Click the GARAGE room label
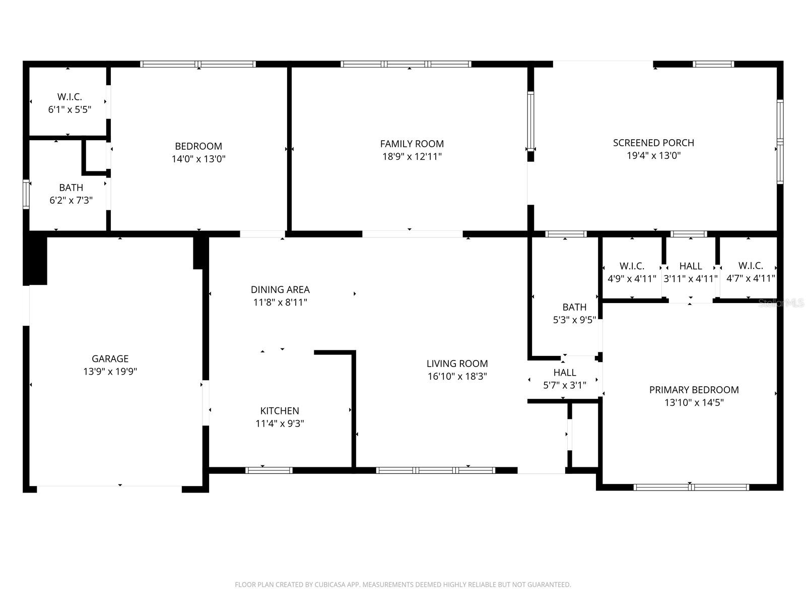pyautogui.click(x=110, y=358)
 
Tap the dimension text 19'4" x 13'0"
pyautogui.click(x=653, y=155)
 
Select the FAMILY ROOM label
pyautogui.click(x=412, y=144)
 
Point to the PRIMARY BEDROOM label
pyautogui.click(x=694, y=390)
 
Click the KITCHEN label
pyautogui.click(x=280, y=411)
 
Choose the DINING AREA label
pyautogui.click(x=280, y=289)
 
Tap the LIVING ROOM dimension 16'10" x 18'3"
pyautogui.click(x=457, y=376)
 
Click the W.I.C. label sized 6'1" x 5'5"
pyautogui.click(x=70, y=96)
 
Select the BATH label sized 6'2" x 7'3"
pyautogui.click(x=71, y=188)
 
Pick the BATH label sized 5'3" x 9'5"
pyautogui.click(x=574, y=307)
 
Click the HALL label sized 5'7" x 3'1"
pyautogui.click(x=565, y=373)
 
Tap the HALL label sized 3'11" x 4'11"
pyautogui.click(x=690, y=266)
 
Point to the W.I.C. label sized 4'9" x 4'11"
pyautogui.click(x=632, y=266)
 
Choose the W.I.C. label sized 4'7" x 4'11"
pyautogui.click(x=751, y=265)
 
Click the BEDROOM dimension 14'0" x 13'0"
pyautogui.click(x=198, y=159)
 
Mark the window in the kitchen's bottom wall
pyautogui.click(x=269, y=470)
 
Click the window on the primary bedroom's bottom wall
pyautogui.click(x=691, y=487)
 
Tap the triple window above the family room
pyautogui.click(x=406, y=64)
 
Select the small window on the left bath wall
pyautogui.click(x=26, y=194)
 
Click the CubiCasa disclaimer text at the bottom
pyautogui.click(x=402, y=585)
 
